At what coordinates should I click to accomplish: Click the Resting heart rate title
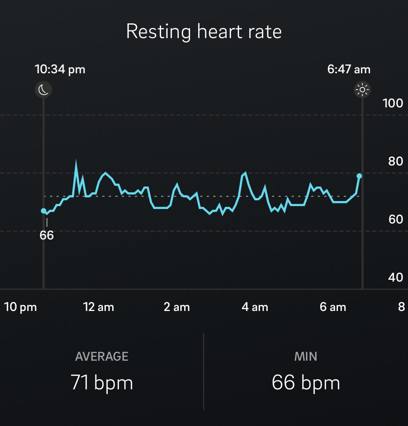tap(204, 31)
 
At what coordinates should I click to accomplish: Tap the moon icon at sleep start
tap(44, 90)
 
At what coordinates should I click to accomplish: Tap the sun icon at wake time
tap(362, 90)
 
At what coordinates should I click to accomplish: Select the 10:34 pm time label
tap(60, 69)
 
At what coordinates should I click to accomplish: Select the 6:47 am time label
tap(349, 69)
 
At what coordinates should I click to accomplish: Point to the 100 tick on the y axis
tap(393, 103)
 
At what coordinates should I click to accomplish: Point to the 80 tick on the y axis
tap(395, 161)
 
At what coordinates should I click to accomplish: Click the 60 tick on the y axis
tap(395, 219)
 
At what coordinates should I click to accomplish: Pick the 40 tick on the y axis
tap(395, 277)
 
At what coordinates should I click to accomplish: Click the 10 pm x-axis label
tap(20, 307)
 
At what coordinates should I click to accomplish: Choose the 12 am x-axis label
tap(99, 307)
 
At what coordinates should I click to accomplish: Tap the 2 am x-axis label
tap(177, 307)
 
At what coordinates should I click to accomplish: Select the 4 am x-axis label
tap(255, 307)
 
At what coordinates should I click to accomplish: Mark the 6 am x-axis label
tap(333, 307)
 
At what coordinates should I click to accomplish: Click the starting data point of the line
tap(44, 211)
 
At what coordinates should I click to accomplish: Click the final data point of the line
tap(359, 176)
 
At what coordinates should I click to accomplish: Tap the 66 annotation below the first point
tap(47, 235)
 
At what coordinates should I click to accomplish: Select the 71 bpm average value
tap(102, 382)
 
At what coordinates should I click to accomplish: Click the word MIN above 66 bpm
tap(306, 356)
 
